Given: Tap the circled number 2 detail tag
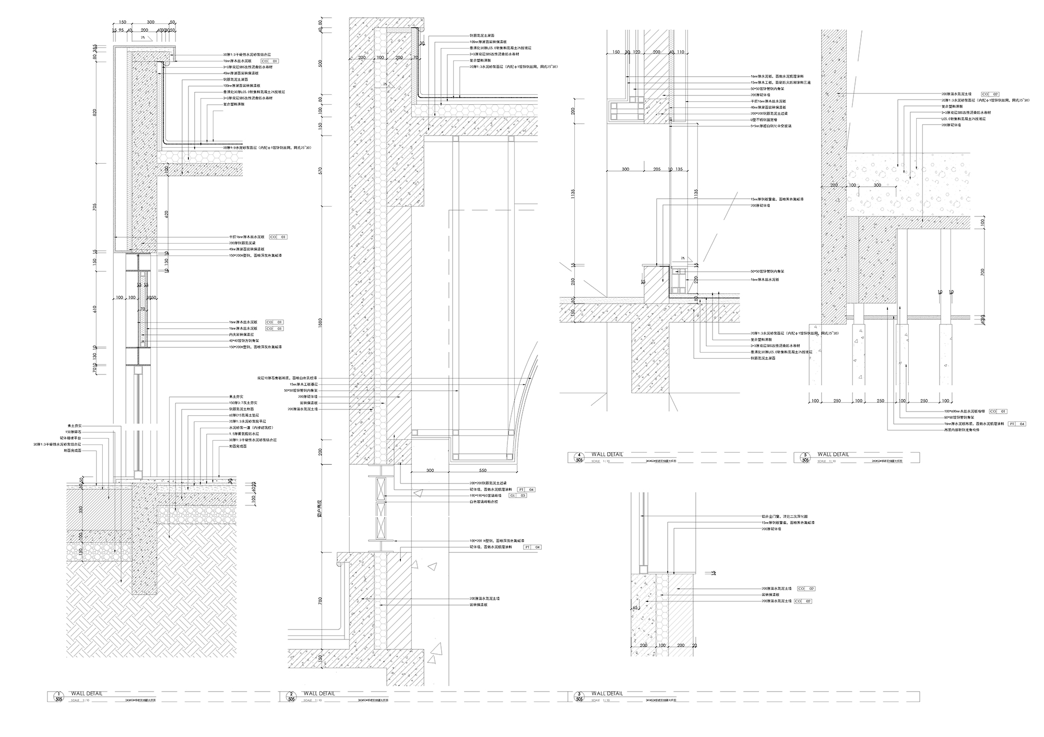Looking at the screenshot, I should (x=291, y=697).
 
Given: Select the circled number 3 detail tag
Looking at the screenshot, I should (x=579, y=697).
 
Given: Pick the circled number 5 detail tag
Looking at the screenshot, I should (x=805, y=457).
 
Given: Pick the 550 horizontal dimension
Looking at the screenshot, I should (x=482, y=470).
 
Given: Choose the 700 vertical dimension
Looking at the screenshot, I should (x=982, y=271).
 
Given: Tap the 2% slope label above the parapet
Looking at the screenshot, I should (x=143, y=38).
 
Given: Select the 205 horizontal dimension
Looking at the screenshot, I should (x=657, y=170).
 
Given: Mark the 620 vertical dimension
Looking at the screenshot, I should (x=167, y=213).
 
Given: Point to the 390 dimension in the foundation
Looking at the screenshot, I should (x=80, y=509).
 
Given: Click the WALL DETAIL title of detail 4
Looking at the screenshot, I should (x=607, y=454).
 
